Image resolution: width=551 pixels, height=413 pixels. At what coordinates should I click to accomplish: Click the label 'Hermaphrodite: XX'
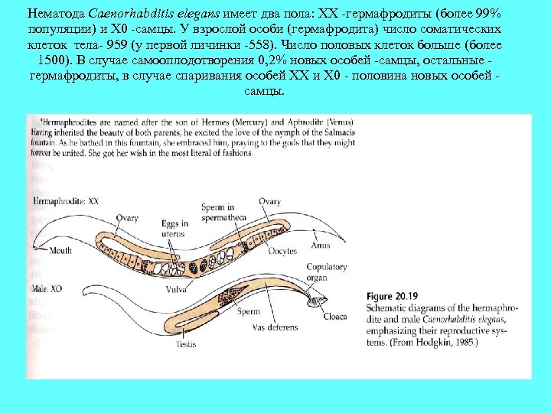pyautogui.click(x=65, y=200)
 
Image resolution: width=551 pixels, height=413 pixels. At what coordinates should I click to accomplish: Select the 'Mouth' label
pyautogui.click(x=60, y=250)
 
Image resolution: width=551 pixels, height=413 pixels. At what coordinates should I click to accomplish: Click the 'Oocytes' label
pyautogui.click(x=282, y=250)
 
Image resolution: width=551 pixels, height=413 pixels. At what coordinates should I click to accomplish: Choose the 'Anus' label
pyautogui.click(x=321, y=246)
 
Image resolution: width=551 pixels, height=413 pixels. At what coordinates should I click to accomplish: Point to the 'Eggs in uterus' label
pyautogui.click(x=174, y=228)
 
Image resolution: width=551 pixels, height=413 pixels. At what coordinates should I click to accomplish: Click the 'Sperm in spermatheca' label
pyautogui.click(x=224, y=212)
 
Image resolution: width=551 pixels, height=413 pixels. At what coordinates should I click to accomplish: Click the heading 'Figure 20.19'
pyautogui.click(x=393, y=294)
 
